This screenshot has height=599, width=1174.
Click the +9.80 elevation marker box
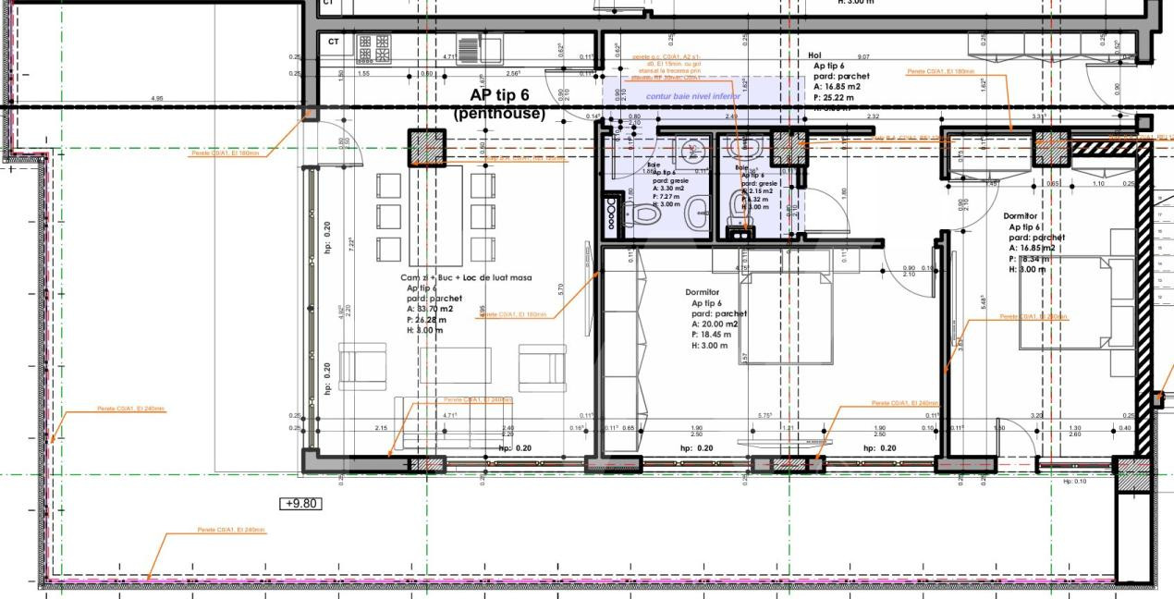[300, 504]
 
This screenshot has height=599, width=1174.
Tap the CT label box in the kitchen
[334, 42]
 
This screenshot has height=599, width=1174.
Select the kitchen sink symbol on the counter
[469, 43]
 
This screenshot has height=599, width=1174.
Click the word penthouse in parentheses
[499, 114]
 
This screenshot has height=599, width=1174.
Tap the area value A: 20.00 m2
[715, 324]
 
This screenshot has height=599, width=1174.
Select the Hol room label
[814, 55]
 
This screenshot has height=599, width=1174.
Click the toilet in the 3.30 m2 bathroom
[644, 214]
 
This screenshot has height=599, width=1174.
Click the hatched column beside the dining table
[427, 147]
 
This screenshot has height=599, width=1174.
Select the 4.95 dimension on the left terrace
[157, 98]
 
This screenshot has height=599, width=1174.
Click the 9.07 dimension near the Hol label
[863, 57]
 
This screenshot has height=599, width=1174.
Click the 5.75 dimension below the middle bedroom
[764, 416]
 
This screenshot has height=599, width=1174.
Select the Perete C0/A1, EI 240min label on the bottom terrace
[231, 530]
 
